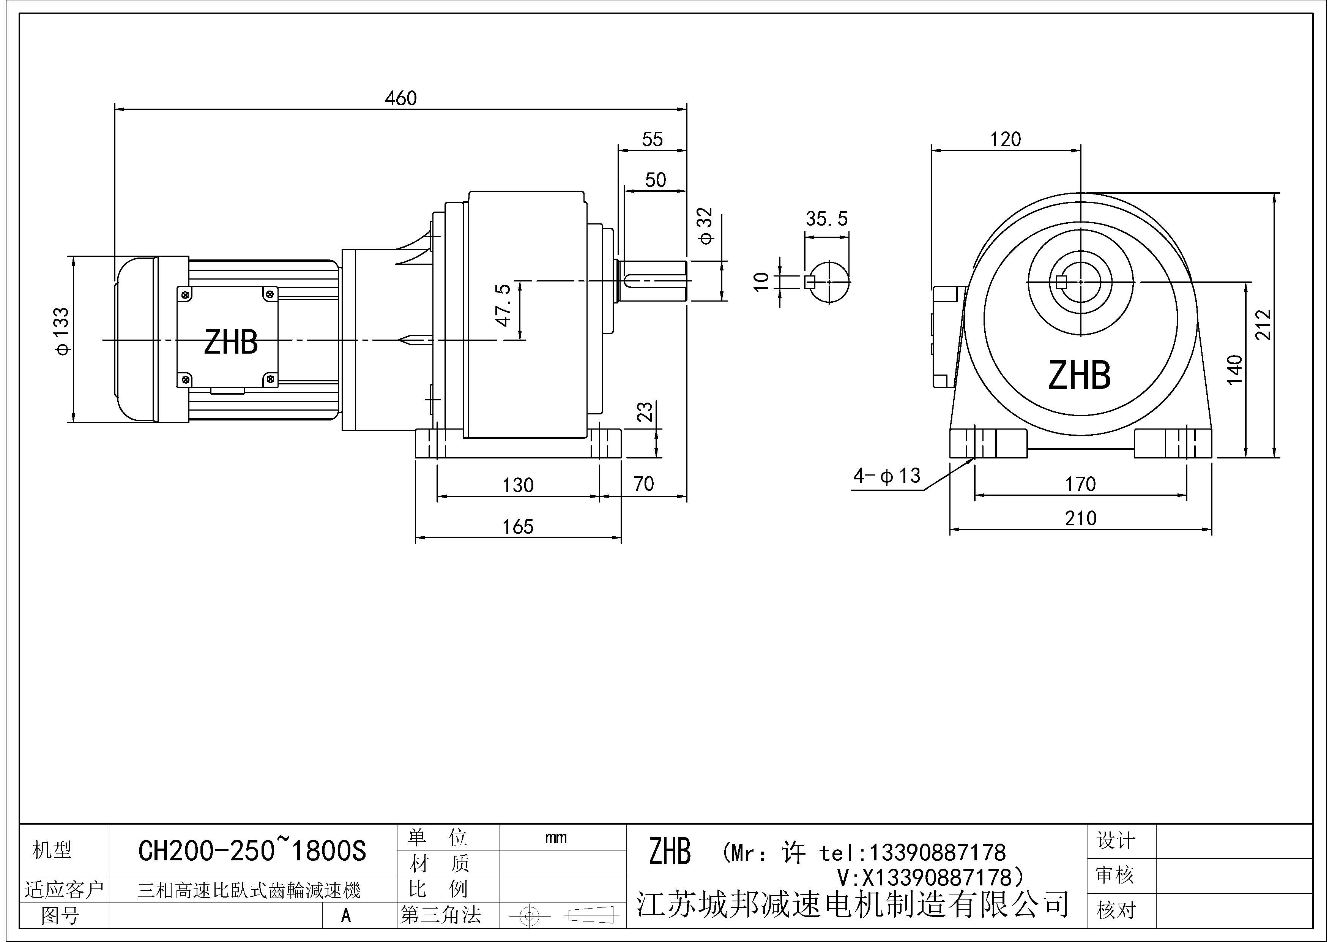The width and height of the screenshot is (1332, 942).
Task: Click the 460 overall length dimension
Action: pyautogui.click(x=401, y=98)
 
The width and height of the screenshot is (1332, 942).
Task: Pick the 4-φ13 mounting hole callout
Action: pyautogui.click(x=886, y=476)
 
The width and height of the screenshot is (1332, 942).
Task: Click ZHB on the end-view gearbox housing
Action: pyautogui.click(x=1079, y=376)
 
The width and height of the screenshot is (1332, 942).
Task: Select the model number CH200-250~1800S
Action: pyautogui.click(x=252, y=851)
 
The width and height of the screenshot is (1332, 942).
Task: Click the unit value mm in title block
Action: pyautogui.click(x=556, y=838)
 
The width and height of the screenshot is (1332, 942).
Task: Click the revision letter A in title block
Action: pyautogui.click(x=346, y=915)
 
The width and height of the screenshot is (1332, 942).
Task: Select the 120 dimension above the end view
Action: pyautogui.click(x=1006, y=139)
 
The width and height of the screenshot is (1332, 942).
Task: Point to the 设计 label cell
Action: pyautogui.click(x=1115, y=841)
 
